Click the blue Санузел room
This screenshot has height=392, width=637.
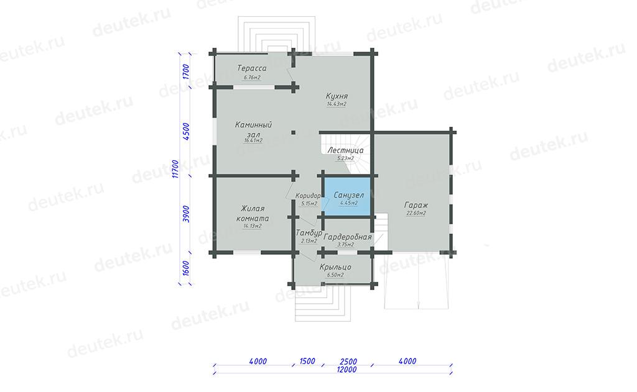coord(348,197)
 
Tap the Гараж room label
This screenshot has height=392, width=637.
coord(416,205)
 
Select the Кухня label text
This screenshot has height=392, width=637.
coord(337,96)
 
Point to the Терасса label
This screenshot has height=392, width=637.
coord(252,68)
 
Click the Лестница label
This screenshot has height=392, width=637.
coord(345,150)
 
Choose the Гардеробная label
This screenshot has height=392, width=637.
coord(348,237)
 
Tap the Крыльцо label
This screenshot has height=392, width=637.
coord(335,267)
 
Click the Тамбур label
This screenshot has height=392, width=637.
coord(309,233)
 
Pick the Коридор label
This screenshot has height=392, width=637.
coord(308,196)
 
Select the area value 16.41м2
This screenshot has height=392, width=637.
coord(253,140)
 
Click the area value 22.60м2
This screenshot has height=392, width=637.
coord(416,213)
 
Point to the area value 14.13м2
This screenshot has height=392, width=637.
coord(253,226)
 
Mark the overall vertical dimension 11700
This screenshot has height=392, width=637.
coord(175,169)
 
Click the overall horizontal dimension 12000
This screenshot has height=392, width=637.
coord(346,370)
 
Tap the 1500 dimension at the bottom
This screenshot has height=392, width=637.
coord(307,361)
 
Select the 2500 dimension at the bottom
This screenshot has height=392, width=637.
coord(348,362)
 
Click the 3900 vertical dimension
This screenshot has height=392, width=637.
coord(186,214)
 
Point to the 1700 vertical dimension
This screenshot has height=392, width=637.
coord(186,71)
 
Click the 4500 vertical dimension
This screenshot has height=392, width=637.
coord(186,131)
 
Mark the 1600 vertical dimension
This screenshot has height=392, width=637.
coord(186,268)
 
